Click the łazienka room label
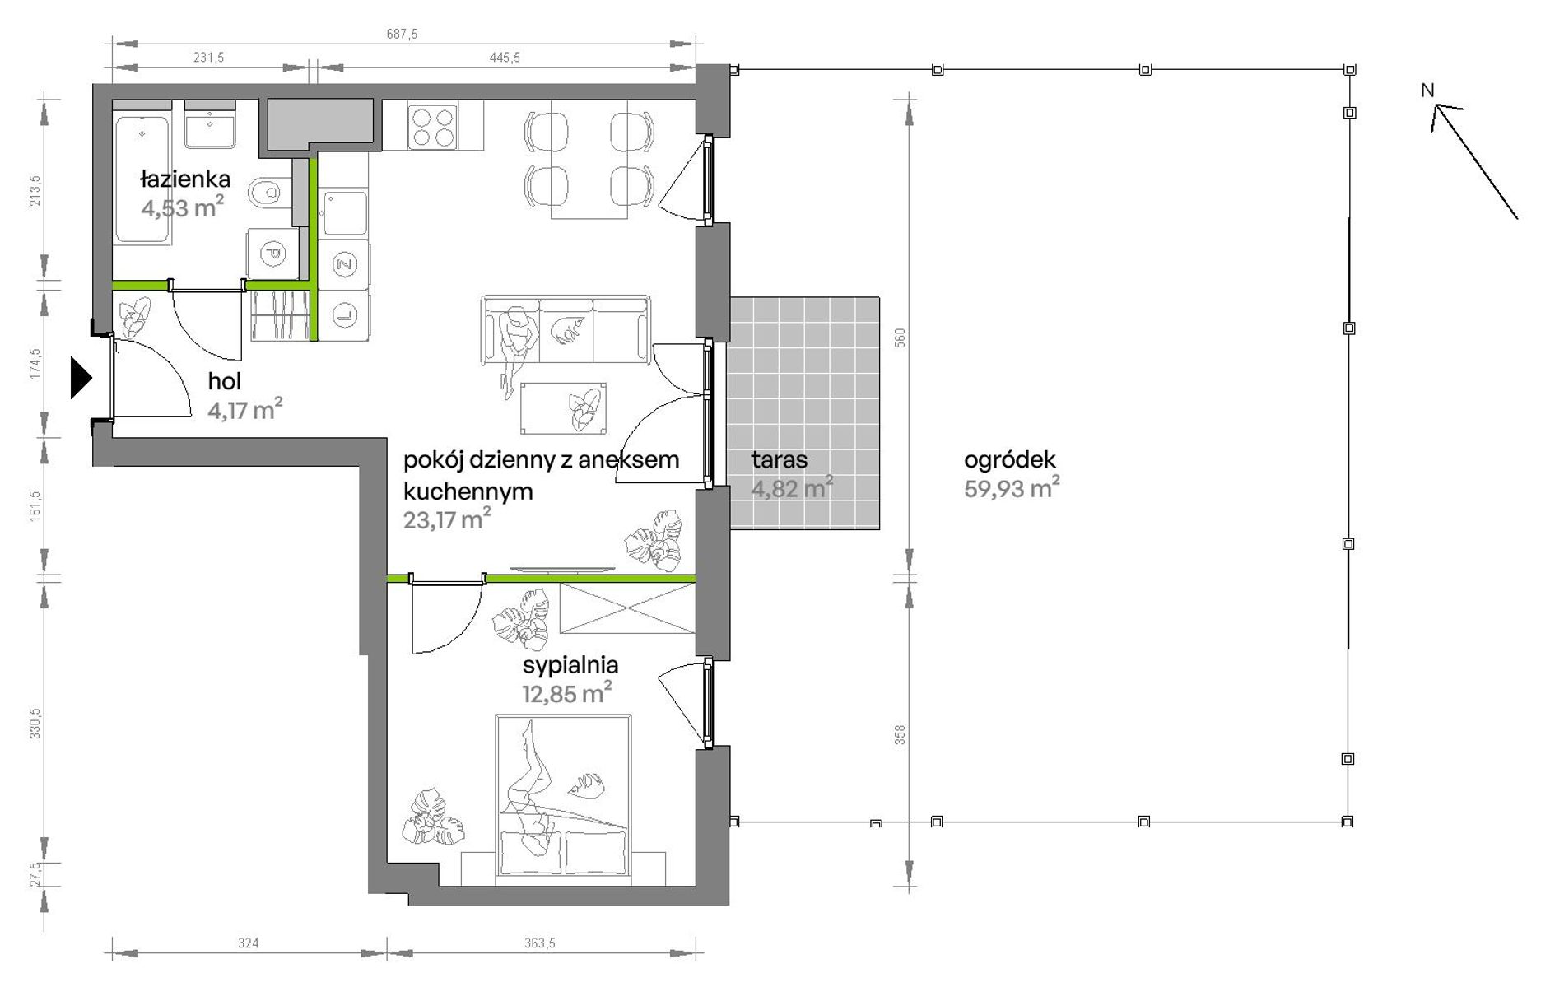[x=185, y=179]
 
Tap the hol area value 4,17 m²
[x=245, y=409]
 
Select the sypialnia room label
[x=570, y=664]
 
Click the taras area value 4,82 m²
[x=792, y=487]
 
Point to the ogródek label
[x=1010, y=459]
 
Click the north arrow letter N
[x=1427, y=91]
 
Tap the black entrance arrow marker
[x=81, y=378]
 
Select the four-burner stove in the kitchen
[x=433, y=126]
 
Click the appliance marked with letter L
[x=344, y=314]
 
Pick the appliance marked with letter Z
[x=344, y=264]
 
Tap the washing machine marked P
[x=272, y=254]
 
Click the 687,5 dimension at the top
[x=402, y=34]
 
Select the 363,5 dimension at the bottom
[x=540, y=943]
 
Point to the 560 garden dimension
[x=900, y=338]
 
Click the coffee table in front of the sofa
[x=564, y=407]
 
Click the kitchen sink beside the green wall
[x=344, y=213]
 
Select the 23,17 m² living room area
[x=447, y=519]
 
